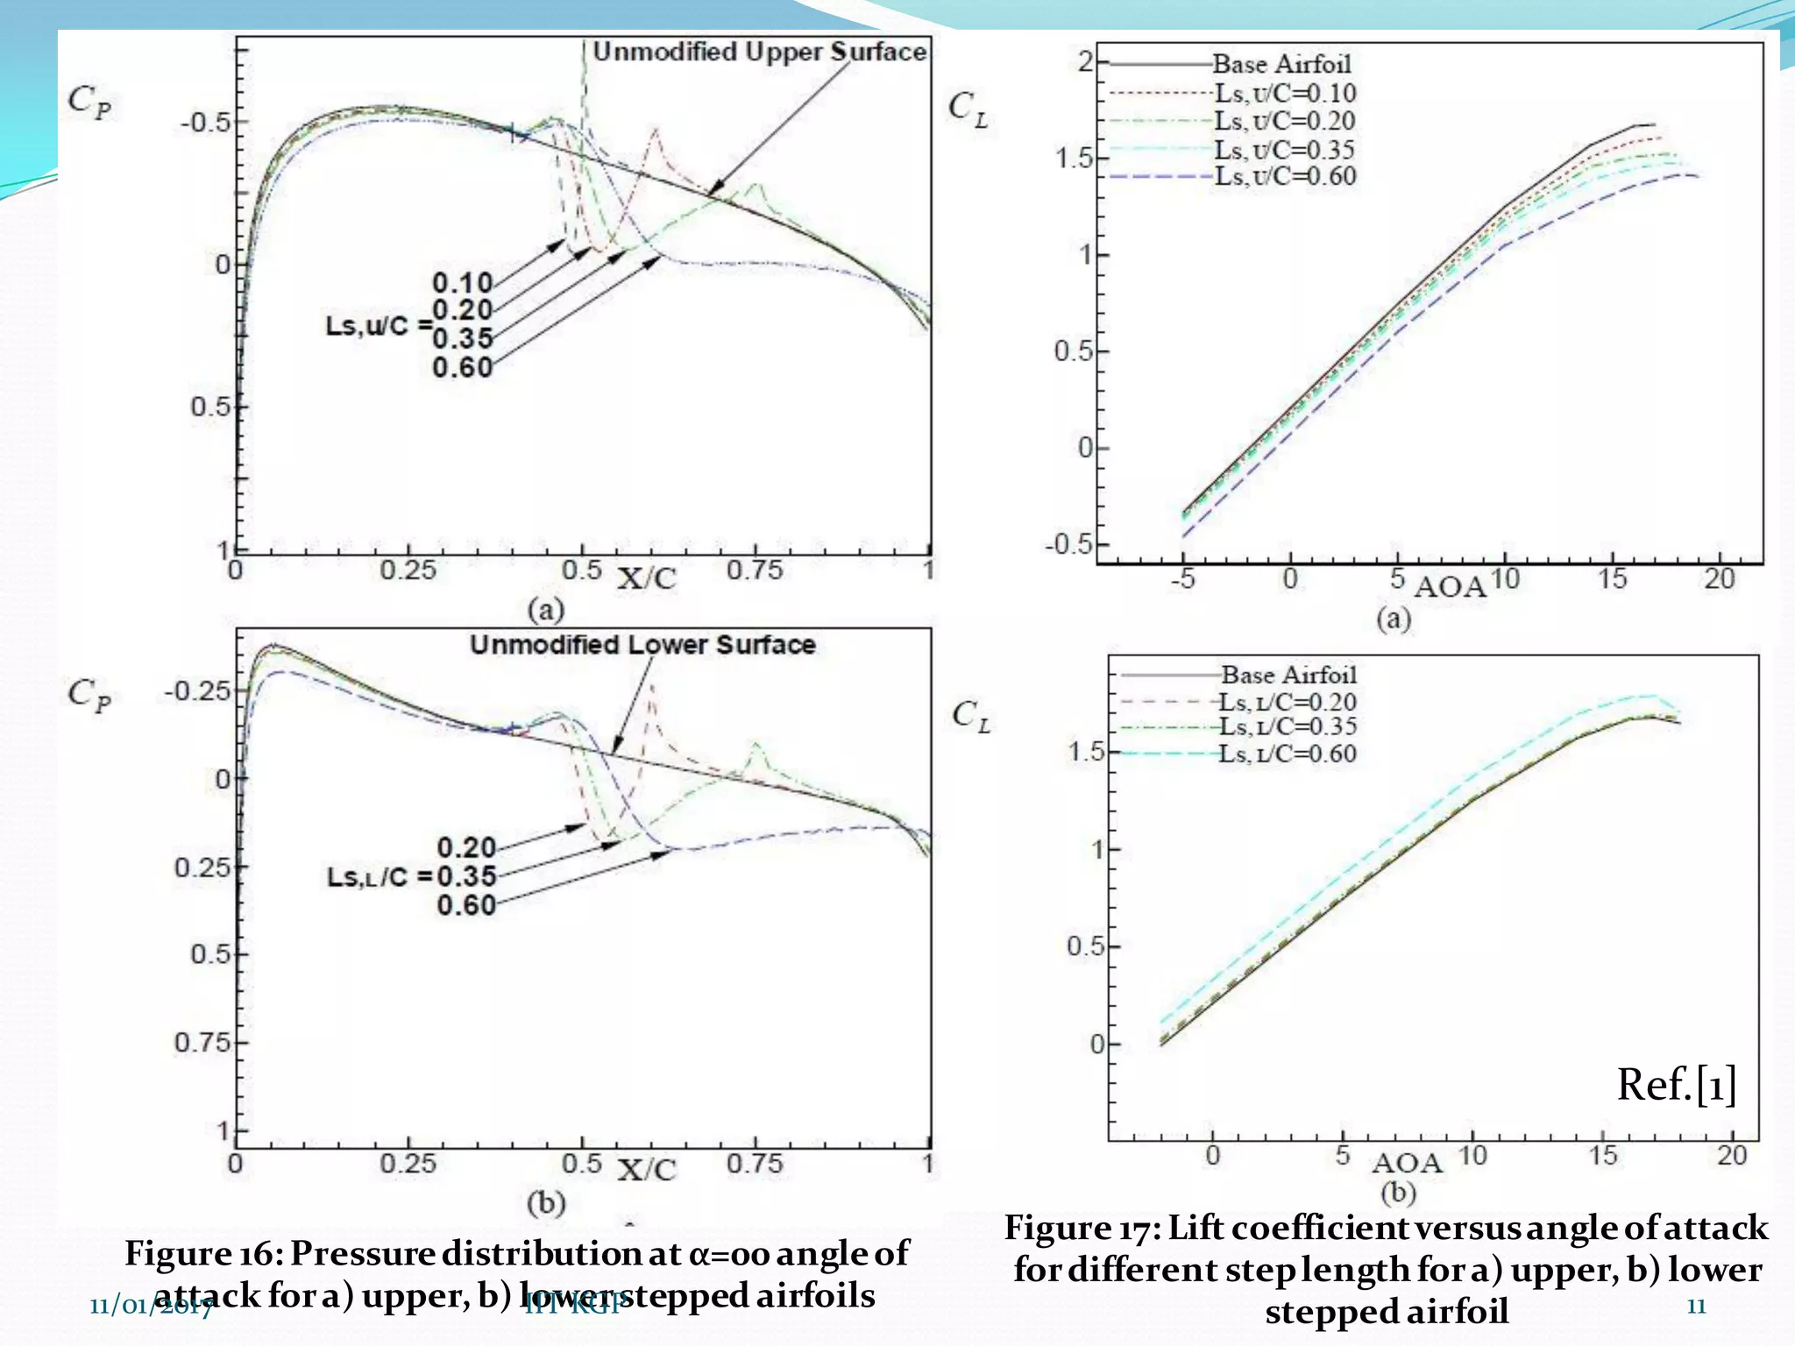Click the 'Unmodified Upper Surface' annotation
pyautogui.click(x=759, y=53)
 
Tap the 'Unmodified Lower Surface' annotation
pyautogui.click(x=642, y=645)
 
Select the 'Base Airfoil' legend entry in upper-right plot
pyautogui.click(x=1281, y=64)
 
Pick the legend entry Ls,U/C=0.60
pyautogui.click(x=1285, y=176)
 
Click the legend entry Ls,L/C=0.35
pyautogui.click(x=1288, y=726)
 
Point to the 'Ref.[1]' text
pyautogui.click(x=1676, y=1085)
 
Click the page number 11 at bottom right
pyautogui.click(x=1696, y=1307)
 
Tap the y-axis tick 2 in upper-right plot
pyautogui.click(x=1085, y=61)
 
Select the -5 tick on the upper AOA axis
pyautogui.click(x=1182, y=579)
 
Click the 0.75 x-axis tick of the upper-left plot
pyautogui.click(x=754, y=570)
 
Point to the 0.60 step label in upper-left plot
pyautogui.click(x=463, y=367)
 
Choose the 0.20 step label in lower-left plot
pyautogui.click(x=466, y=847)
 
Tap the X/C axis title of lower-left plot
pyautogui.click(x=647, y=1170)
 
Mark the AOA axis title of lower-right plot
pyautogui.click(x=1407, y=1163)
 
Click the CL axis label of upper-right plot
pyautogui.click(x=968, y=110)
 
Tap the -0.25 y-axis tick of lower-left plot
pyautogui.click(x=197, y=691)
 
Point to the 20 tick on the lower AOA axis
pyautogui.click(x=1731, y=1156)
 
